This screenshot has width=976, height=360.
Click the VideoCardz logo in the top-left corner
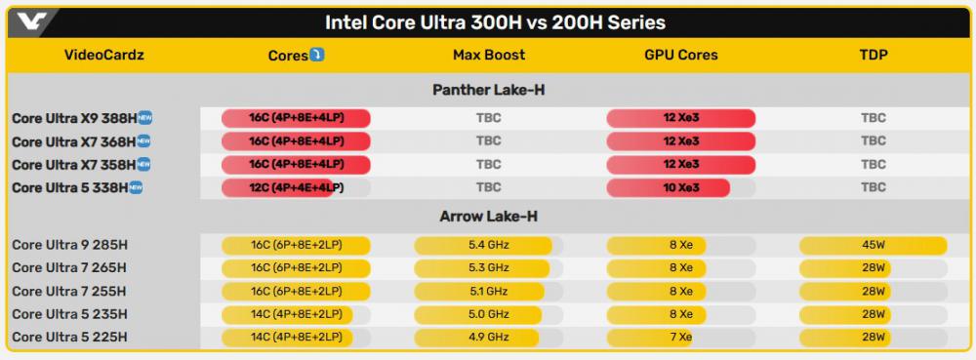pyautogui.click(x=30, y=22)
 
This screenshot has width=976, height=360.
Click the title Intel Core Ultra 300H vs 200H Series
pyautogui.click(x=495, y=23)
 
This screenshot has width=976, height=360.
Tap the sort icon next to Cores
pyautogui.click(x=317, y=55)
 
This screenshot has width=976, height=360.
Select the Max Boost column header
pyautogui.click(x=489, y=55)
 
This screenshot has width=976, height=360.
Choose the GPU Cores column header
pyautogui.click(x=681, y=55)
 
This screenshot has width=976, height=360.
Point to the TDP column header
pyautogui.click(x=873, y=55)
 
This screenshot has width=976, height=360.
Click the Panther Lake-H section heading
pyautogui.click(x=489, y=90)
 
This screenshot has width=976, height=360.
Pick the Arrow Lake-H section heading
pyautogui.click(x=489, y=217)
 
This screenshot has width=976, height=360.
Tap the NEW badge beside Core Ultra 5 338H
pyautogui.click(x=135, y=187)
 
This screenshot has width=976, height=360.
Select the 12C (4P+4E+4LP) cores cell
pyautogui.click(x=297, y=187)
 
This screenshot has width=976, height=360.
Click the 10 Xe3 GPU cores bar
pyautogui.click(x=668, y=187)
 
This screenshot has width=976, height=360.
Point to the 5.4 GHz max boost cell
pyautogui.click(x=489, y=245)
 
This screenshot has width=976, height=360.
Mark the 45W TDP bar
pyautogui.click(x=873, y=245)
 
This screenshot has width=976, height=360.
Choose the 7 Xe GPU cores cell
pyautogui.click(x=681, y=337)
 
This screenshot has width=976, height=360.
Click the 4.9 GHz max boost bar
pyautogui.click(x=476, y=337)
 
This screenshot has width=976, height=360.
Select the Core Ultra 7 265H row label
pyautogui.click(x=69, y=268)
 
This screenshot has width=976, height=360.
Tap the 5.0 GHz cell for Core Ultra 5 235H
pyautogui.click(x=489, y=314)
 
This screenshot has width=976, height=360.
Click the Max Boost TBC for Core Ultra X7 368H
pyautogui.click(x=489, y=141)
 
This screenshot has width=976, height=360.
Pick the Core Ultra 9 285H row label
pyautogui.click(x=69, y=245)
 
